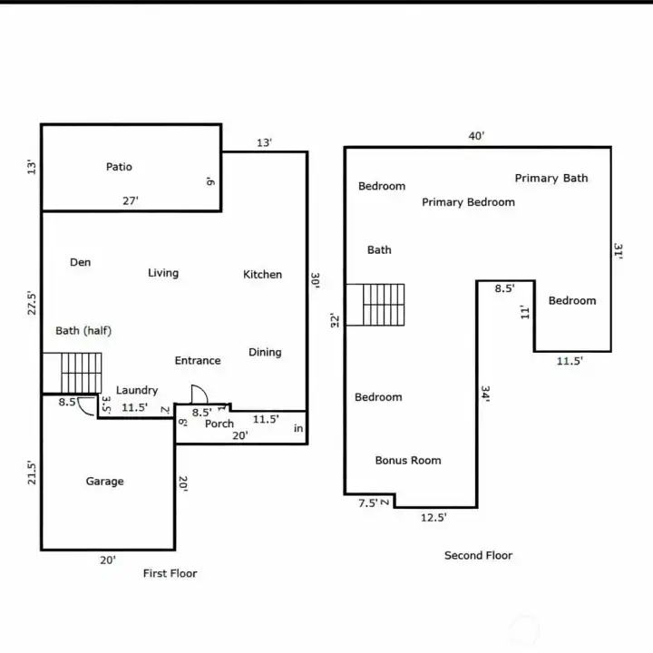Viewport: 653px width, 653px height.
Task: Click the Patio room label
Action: point(119,167)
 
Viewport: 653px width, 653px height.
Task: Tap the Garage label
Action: point(104,482)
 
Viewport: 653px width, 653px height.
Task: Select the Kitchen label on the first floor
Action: point(262,275)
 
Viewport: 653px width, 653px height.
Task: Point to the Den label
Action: point(81,262)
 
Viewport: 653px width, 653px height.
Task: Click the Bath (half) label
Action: point(83,331)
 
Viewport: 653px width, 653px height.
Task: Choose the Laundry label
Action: point(137,390)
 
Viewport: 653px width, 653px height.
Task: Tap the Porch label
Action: point(219,424)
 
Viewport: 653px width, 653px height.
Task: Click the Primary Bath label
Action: point(551,179)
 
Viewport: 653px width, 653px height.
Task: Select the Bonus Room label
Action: point(408,460)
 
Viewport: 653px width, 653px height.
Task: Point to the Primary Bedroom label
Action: point(469,202)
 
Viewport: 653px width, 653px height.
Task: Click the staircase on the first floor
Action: point(82,373)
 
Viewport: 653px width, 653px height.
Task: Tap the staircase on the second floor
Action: point(384,305)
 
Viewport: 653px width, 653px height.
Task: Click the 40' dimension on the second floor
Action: point(476,136)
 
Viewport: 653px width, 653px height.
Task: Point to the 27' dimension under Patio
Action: point(131,201)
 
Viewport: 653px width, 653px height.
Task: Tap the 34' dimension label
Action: point(485,394)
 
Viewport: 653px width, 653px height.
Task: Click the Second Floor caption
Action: point(479,555)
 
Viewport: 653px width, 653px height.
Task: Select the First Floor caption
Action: point(170,573)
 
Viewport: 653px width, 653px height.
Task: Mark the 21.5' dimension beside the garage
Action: point(32,473)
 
